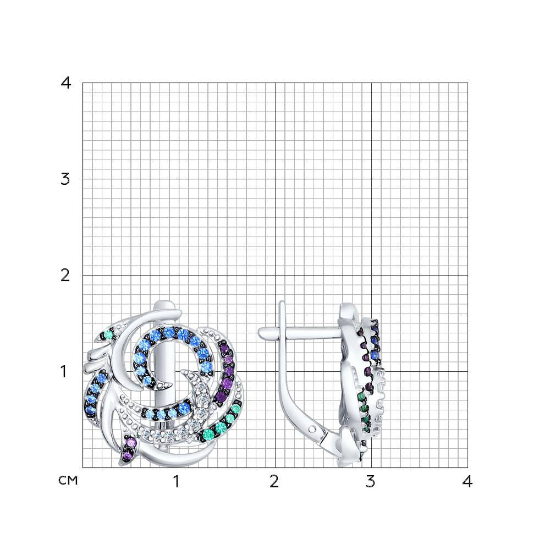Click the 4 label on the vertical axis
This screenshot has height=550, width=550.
(66, 83)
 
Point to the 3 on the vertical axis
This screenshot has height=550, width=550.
(65, 179)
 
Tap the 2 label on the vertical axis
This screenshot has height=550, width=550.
(65, 276)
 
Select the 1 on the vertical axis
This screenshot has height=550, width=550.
(63, 372)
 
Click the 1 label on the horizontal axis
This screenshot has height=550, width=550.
(177, 482)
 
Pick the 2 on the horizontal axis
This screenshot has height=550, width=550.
(274, 482)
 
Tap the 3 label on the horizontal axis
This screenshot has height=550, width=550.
(370, 482)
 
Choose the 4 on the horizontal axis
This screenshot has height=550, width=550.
(467, 482)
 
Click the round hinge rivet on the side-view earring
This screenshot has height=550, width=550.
(313, 428)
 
